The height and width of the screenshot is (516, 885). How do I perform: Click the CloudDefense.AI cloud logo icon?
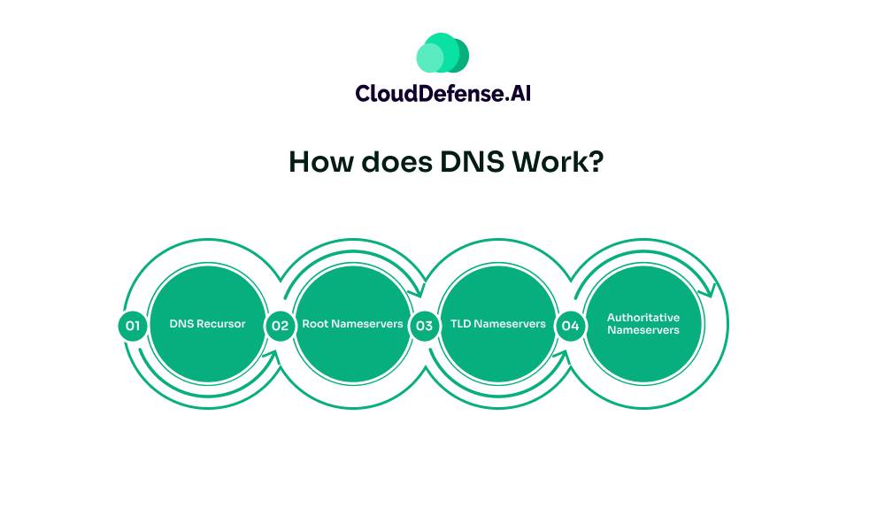tap(442, 53)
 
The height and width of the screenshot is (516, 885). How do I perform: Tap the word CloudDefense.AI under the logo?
tap(442, 92)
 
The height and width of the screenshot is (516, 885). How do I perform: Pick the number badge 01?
tap(132, 326)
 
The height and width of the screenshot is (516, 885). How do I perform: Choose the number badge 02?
tap(280, 326)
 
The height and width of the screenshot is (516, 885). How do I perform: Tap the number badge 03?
tap(424, 326)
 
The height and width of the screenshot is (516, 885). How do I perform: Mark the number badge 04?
tap(570, 326)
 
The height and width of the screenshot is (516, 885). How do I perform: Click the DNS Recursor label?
tap(207, 324)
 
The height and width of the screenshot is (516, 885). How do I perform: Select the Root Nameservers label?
tap(352, 324)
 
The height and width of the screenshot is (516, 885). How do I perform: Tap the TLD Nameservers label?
tap(497, 324)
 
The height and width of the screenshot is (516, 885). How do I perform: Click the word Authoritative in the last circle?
tap(643, 317)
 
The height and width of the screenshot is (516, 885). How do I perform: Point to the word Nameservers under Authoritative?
tap(643, 330)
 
